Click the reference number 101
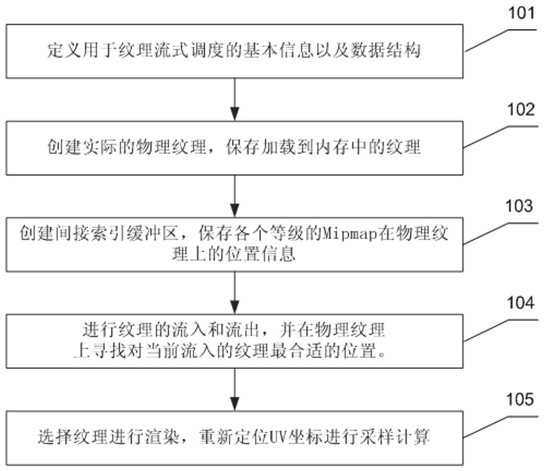[x=521, y=13]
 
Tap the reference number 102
[x=521, y=110]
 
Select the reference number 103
[x=519, y=206]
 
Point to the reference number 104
[x=520, y=303]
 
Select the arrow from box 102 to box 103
[x=235, y=197]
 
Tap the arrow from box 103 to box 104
[x=235, y=293]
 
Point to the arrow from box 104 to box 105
[x=235, y=389]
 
